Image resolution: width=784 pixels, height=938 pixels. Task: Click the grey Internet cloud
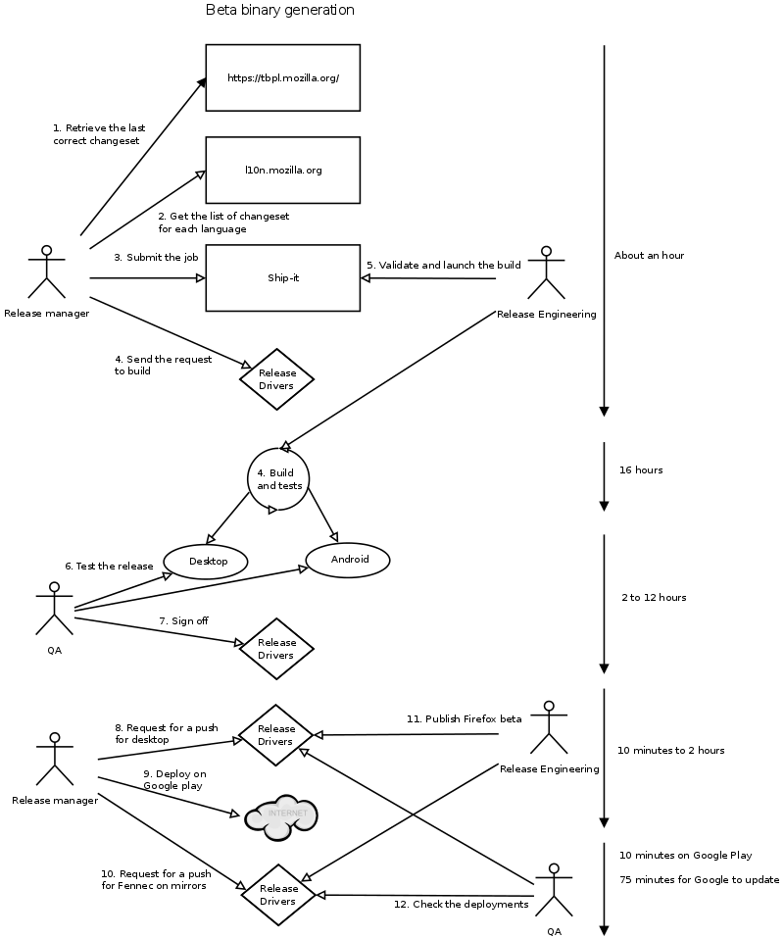(x=281, y=816)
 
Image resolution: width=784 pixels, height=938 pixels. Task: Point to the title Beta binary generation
(x=280, y=10)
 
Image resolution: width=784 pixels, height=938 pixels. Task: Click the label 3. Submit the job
(x=156, y=257)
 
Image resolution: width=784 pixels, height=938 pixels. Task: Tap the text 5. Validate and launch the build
(x=444, y=265)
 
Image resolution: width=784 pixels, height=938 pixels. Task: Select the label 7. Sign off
(x=183, y=621)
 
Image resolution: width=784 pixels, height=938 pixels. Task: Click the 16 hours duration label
(x=641, y=470)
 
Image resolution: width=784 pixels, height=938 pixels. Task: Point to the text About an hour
(x=649, y=256)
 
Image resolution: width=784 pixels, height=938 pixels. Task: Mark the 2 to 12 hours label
(x=654, y=598)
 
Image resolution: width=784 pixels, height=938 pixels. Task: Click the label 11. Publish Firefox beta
(x=465, y=719)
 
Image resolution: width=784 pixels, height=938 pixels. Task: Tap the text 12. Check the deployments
(x=461, y=905)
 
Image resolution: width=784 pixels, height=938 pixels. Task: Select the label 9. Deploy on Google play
(x=173, y=780)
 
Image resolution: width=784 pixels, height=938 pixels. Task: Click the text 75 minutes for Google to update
(x=699, y=880)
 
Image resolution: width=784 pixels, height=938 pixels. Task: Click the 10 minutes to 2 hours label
(x=671, y=751)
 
